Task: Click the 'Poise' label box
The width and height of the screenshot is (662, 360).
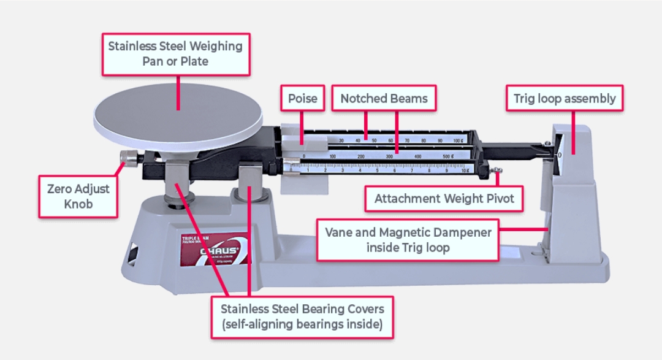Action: click(x=303, y=99)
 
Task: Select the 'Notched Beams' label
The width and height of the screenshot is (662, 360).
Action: click(x=384, y=99)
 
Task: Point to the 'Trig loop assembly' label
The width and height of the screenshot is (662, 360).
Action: click(x=565, y=98)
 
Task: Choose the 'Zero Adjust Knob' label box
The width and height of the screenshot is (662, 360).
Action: click(x=78, y=196)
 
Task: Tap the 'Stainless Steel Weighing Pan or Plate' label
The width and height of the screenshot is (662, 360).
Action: click(x=175, y=54)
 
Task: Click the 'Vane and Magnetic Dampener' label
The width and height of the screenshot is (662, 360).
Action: click(x=408, y=240)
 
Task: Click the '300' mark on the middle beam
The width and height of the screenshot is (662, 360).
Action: click(x=390, y=157)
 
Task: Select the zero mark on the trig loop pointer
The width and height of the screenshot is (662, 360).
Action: click(x=559, y=155)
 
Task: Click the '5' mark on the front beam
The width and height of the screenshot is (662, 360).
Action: click(x=376, y=171)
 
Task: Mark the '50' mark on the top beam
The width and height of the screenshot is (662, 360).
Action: click(x=374, y=140)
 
